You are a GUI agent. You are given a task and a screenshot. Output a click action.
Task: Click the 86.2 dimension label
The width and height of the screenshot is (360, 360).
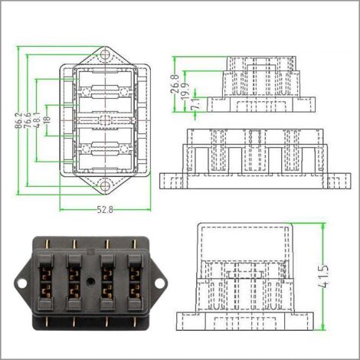pyautogui.click(x=18, y=119)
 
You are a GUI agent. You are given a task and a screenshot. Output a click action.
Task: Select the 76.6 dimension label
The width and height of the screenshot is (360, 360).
pyautogui.click(x=27, y=119)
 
